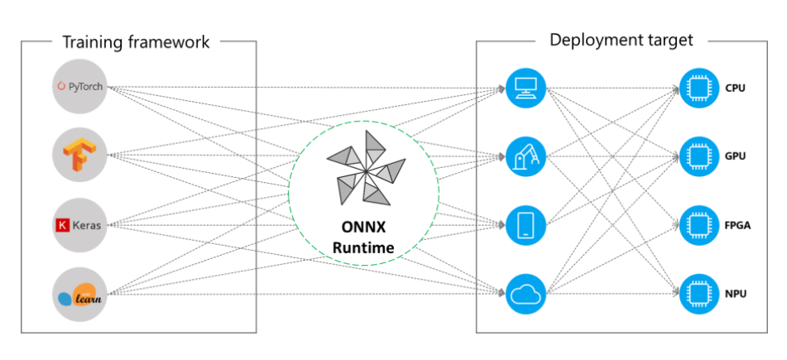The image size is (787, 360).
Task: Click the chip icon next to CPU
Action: click(x=696, y=86)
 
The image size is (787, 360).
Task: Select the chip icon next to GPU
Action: click(x=696, y=155)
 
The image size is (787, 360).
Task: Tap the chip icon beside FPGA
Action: click(x=696, y=223)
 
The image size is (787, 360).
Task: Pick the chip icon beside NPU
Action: click(x=696, y=292)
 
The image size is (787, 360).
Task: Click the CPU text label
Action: click(x=736, y=87)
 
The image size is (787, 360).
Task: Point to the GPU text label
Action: click(x=737, y=156)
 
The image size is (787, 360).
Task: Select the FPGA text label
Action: click(x=738, y=224)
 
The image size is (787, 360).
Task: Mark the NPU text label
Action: click(x=737, y=293)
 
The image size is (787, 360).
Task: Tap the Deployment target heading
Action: click(x=621, y=40)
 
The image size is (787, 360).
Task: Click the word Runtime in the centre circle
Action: click(x=364, y=246)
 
